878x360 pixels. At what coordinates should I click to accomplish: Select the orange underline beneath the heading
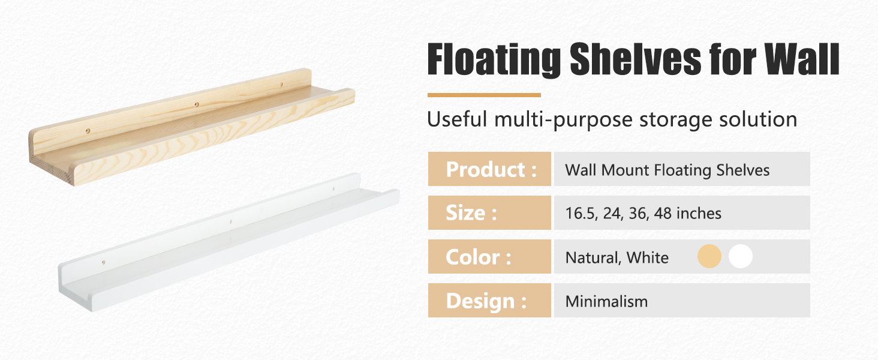point(484,95)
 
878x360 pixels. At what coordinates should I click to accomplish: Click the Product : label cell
point(489,169)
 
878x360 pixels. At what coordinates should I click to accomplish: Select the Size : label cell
point(489,212)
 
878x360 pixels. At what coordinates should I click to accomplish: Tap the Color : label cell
point(489,256)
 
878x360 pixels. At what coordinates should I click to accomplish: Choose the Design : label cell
point(489,301)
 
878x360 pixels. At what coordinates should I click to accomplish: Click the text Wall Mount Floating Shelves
point(667,170)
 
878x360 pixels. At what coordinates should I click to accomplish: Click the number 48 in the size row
point(663,214)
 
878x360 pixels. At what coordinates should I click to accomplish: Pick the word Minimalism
point(606,302)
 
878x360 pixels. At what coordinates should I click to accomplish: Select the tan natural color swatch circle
point(709,256)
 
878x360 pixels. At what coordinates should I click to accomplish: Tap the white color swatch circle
point(741,256)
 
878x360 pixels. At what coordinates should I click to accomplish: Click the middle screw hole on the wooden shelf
point(197,105)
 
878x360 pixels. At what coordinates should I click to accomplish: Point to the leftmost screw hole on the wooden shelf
point(88,131)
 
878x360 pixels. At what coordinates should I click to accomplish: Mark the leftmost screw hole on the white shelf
point(104,262)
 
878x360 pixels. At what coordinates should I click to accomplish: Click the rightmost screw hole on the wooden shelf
point(281,85)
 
